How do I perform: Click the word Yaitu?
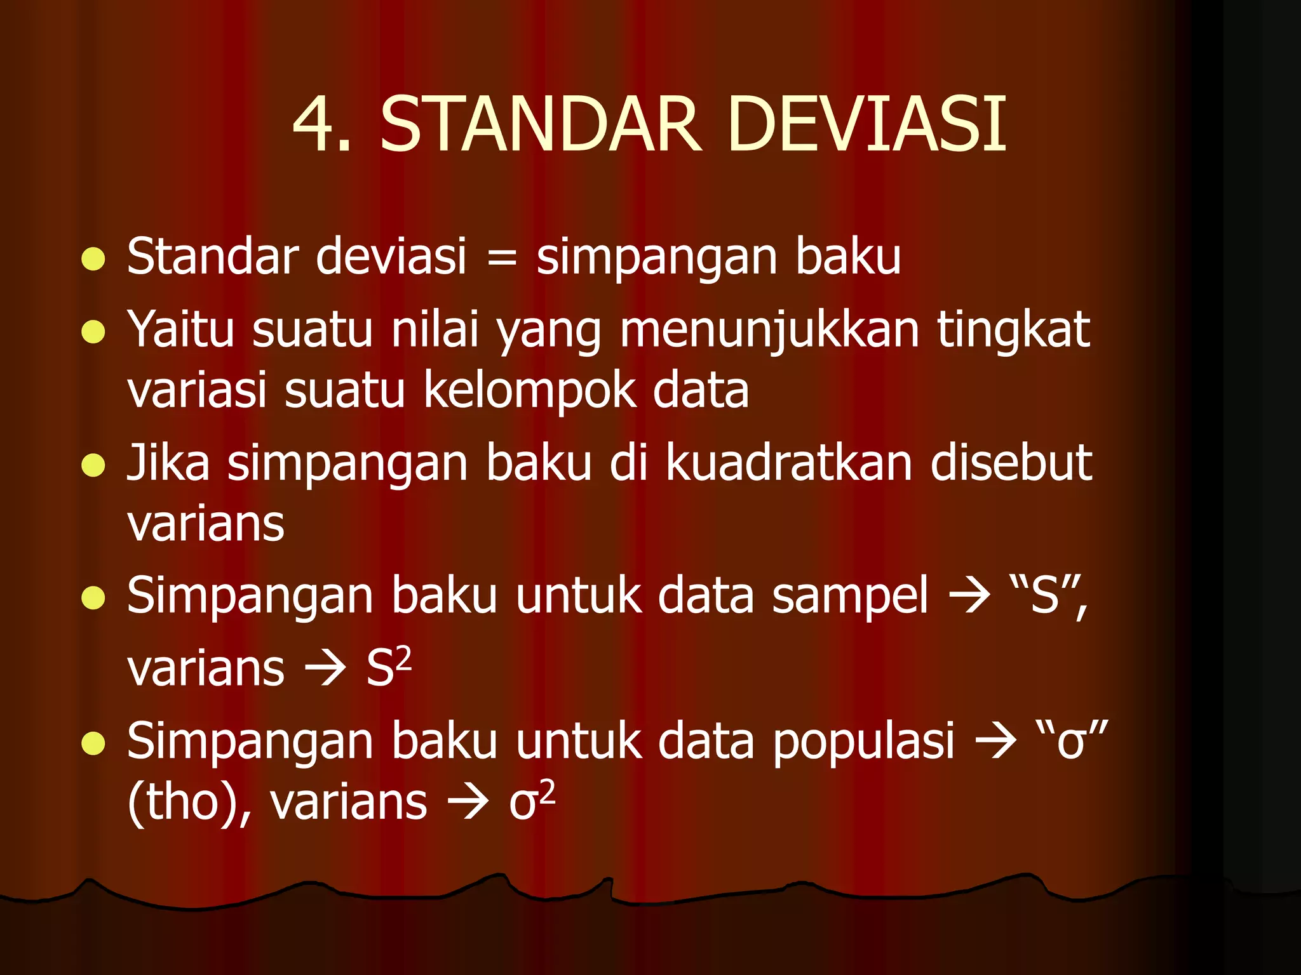click(181, 330)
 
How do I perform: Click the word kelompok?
click(529, 390)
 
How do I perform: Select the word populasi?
click(863, 741)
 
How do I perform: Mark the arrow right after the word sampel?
click(969, 597)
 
